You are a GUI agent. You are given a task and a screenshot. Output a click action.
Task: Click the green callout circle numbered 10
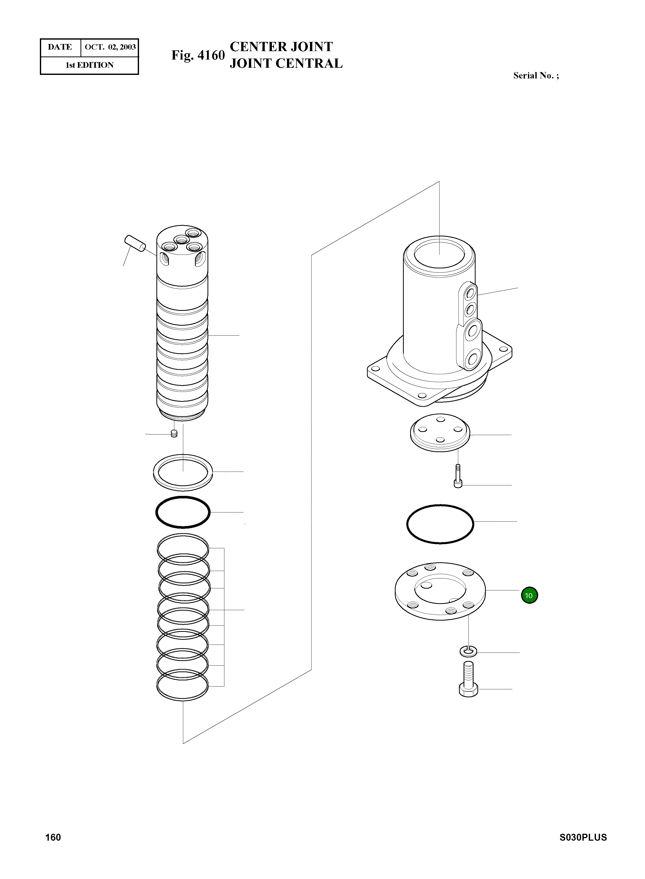pyautogui.click(x=529, y=596)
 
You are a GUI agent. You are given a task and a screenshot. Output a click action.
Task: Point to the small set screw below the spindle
pyautogui.click(x=174, y=433)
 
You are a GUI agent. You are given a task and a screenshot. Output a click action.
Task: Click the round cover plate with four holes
pyautogui.click(x=440, y=433)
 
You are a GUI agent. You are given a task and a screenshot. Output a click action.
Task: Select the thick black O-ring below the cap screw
pyautogui.click(x=440, y=524)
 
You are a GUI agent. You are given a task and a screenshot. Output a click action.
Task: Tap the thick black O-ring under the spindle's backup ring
pyautogui.click(x=183, y=512)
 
